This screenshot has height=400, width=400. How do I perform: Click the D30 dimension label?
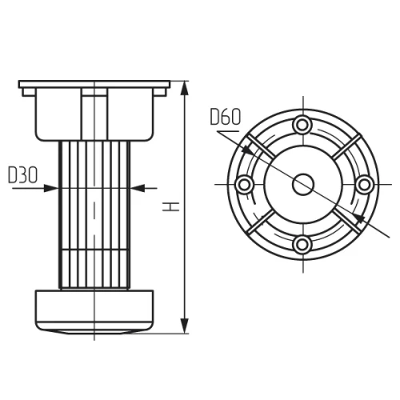click(23, 175)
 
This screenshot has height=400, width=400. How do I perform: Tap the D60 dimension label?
click(226, 117)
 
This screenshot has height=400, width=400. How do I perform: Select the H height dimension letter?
click(171, 206)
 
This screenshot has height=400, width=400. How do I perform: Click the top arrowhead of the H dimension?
click(185, 88)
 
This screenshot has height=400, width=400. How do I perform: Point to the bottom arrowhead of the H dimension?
click(185, 326)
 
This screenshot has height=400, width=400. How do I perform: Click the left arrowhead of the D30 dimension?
click(51, 188)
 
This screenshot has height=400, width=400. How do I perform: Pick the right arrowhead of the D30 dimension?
click(138, 188)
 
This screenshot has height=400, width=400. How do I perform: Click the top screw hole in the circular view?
click(302, 125)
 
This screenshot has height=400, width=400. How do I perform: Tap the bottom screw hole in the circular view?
click(302, 244)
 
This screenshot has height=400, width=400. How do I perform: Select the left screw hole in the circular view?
click(244, 185)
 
